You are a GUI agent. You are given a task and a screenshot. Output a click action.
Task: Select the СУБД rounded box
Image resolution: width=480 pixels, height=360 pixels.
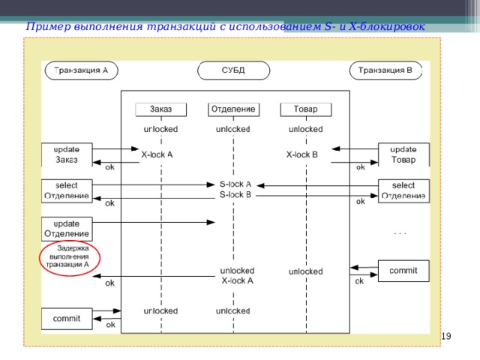click(x=232, y=70)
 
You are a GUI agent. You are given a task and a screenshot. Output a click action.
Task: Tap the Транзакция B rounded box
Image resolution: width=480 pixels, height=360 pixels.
click(x=385, y=70)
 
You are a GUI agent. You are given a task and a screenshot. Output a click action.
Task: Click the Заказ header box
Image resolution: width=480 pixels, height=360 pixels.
click(x=160, y=109)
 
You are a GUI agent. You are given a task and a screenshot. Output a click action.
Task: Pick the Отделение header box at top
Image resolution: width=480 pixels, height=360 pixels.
click(x=233, y=109)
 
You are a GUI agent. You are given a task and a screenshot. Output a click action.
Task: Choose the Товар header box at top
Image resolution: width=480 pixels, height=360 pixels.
click(x=305, y=109)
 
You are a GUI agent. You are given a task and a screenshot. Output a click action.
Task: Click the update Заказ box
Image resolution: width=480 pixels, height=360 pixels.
click(x=67, y=154)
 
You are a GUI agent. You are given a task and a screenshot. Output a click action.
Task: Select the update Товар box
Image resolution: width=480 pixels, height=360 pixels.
click(x=403, y=154)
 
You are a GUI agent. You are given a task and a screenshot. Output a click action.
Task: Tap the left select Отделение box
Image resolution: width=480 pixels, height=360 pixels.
click(x=67, y=190)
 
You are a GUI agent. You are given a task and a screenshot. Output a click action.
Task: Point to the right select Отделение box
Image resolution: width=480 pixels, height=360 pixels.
click(x=403, y=190)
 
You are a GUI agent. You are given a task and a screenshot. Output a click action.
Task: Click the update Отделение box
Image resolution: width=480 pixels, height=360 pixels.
click(x=67, y=228)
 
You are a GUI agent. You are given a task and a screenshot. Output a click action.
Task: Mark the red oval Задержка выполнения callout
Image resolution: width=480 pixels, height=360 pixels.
click(x=68, y=256)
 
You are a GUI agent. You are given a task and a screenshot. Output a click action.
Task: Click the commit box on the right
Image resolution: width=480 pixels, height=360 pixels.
click(x=403, y=271)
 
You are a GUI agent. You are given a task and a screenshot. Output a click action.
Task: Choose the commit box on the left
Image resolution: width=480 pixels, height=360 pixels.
click(x=67, y=318)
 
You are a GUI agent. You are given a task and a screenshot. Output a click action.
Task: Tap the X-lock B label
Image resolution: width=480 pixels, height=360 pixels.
click(x=302, y=154)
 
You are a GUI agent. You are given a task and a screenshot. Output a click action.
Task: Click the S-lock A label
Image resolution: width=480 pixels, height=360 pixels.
click(x=235, y=184)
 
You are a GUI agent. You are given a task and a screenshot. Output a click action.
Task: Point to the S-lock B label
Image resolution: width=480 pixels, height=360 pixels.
click(x=235, y=195)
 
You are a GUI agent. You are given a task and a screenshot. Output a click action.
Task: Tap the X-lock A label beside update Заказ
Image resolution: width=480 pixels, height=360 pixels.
click(x=157, y=154)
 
